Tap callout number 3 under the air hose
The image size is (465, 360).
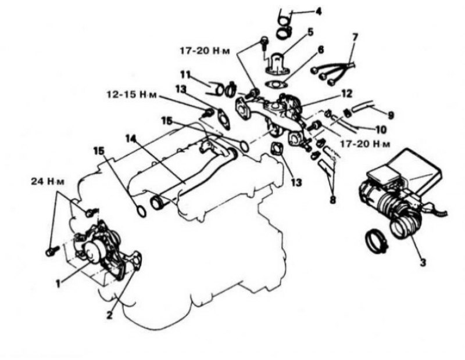pyautogui.click(x=423, y=262)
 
